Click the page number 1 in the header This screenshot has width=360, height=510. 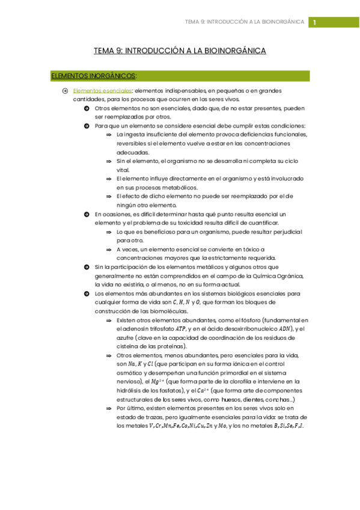(x=313, y=23)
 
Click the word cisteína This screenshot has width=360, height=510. (x=129, y=346)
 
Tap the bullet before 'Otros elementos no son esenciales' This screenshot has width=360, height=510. (x=87, y=108)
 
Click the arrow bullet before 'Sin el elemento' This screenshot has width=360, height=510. (x=109, y=161)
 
